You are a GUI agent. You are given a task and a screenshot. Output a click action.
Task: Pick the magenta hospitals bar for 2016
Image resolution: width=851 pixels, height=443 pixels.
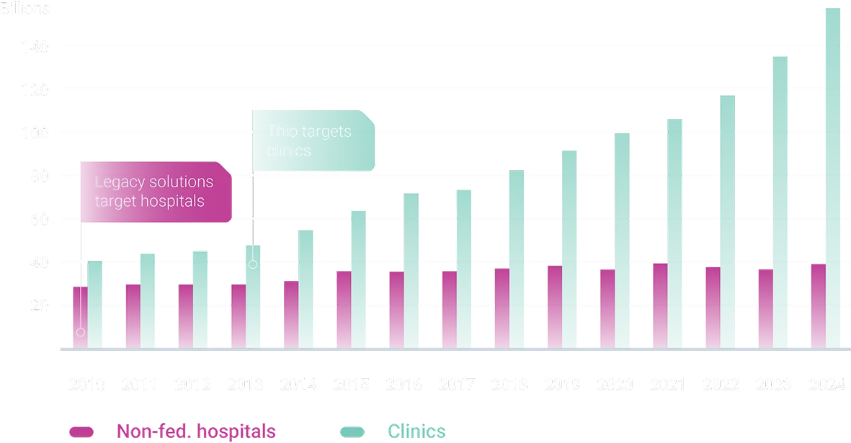(x=395, y=310)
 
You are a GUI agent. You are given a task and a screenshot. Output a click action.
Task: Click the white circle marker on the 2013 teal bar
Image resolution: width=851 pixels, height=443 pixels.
(x=252, y=264)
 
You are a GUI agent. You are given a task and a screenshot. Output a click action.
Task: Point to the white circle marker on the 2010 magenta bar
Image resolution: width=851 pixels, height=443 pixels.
(x=81, y=332)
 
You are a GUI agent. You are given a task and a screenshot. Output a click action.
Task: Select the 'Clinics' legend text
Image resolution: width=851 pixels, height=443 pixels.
(x=416, y=431)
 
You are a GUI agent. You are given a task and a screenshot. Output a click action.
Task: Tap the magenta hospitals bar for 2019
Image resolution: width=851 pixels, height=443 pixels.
(x=553, y=307)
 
